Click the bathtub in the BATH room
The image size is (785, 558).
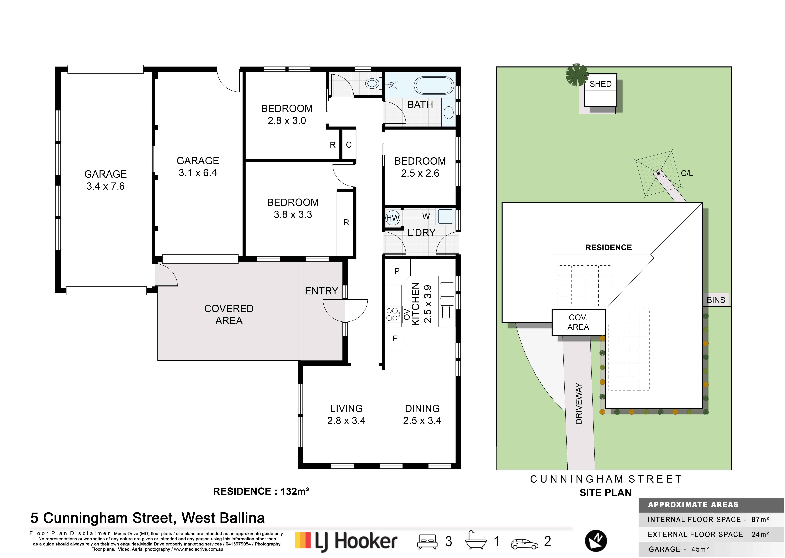point(434,85)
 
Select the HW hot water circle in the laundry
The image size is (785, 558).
point(393,218)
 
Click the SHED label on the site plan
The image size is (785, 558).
point(601,84)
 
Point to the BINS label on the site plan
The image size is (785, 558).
point(716,300)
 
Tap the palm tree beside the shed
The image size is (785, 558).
point(577,75)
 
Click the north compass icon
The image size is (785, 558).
point(596,541)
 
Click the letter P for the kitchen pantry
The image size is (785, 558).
point(397,271)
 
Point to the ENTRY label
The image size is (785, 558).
point(321,291)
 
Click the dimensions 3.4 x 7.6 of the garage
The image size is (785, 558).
point(105,186)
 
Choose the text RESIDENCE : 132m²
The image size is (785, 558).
point(261,491)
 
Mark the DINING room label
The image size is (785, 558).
point(422,409)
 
